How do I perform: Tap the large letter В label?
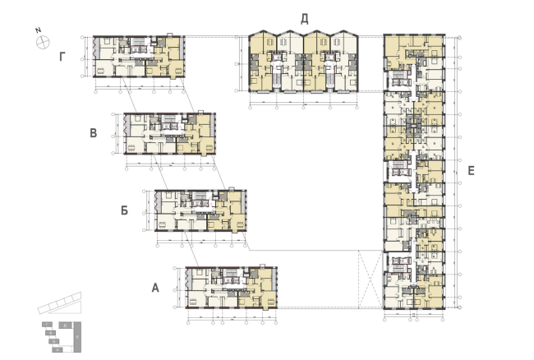94,132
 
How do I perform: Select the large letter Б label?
124,210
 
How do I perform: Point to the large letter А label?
154,288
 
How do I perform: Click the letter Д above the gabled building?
304,18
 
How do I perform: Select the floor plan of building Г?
138,56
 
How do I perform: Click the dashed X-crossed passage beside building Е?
370,279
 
